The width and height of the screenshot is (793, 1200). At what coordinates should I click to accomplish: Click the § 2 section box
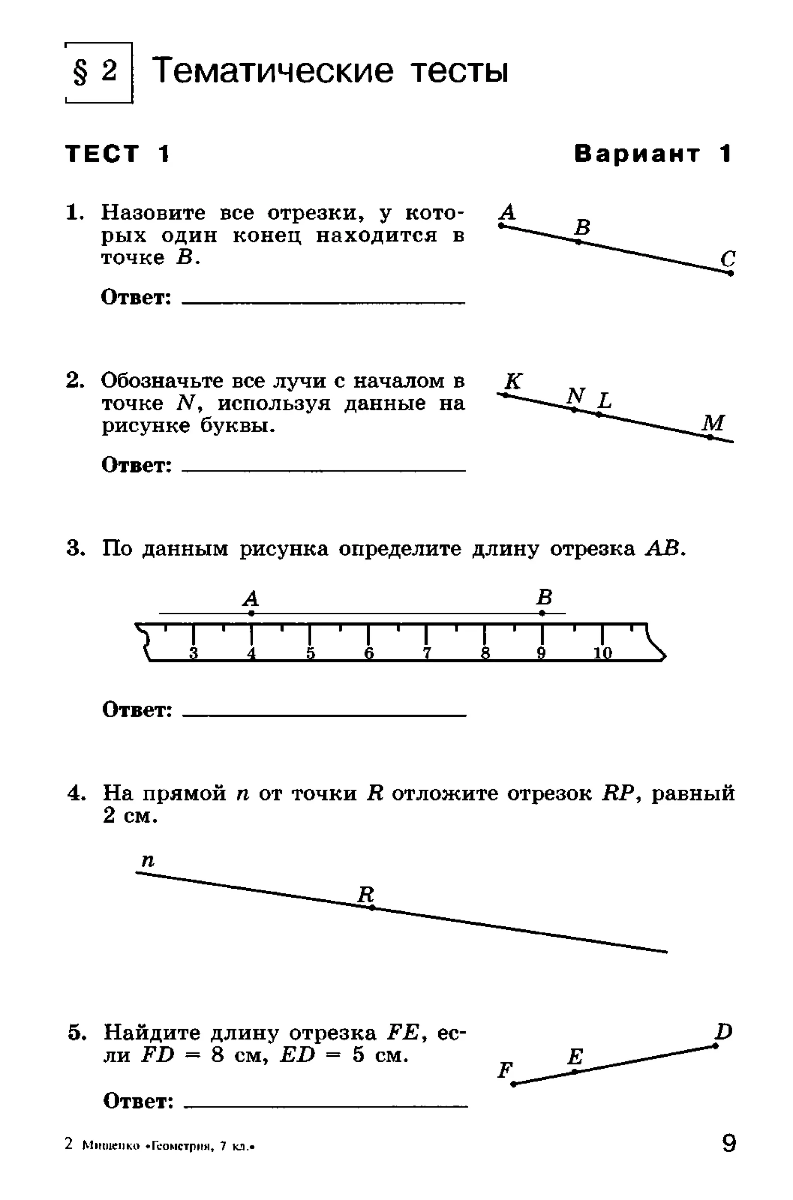[99, 72]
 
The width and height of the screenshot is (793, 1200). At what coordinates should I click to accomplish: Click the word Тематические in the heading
[273, 70]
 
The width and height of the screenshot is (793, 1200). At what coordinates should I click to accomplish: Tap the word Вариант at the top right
[637, 154]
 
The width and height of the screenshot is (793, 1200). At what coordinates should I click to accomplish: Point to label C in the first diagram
[727, 259]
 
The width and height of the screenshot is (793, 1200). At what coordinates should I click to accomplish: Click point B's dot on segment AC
[578, 242]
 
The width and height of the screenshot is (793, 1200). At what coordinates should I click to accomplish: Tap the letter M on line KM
[713, 423]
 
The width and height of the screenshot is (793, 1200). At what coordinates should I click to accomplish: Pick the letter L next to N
[605, 401]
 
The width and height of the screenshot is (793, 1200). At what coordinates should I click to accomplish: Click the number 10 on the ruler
[602, 653]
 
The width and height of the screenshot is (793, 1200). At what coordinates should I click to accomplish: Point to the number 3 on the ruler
[193, 653]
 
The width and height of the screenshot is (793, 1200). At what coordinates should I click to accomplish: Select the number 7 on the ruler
[427, 653]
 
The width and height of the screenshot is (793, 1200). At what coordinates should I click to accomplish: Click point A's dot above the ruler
[251, 613]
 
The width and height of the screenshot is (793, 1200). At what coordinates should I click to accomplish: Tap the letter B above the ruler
[544, 597]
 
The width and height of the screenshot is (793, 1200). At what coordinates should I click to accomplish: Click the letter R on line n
[366, 894]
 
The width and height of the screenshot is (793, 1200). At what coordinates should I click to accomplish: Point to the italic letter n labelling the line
[148, 859]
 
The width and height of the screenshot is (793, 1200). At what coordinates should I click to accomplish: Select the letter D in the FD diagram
[723, 1031]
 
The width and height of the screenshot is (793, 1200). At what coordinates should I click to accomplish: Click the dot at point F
[513, 1084]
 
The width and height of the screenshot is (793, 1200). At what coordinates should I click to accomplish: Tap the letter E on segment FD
[575, 1056]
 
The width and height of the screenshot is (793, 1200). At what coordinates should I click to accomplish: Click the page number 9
[729, 1143]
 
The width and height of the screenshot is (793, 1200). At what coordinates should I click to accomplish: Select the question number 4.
[75, 793]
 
